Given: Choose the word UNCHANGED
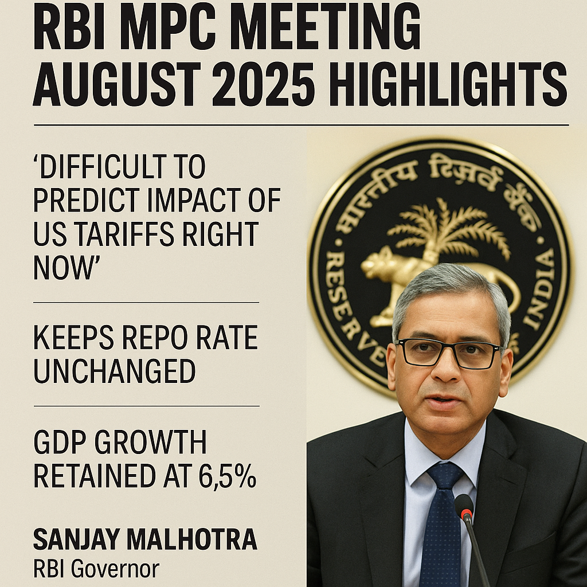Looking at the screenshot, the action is point(115,371).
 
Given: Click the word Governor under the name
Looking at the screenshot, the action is point(115,569).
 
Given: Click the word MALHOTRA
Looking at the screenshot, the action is point(192,539).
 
